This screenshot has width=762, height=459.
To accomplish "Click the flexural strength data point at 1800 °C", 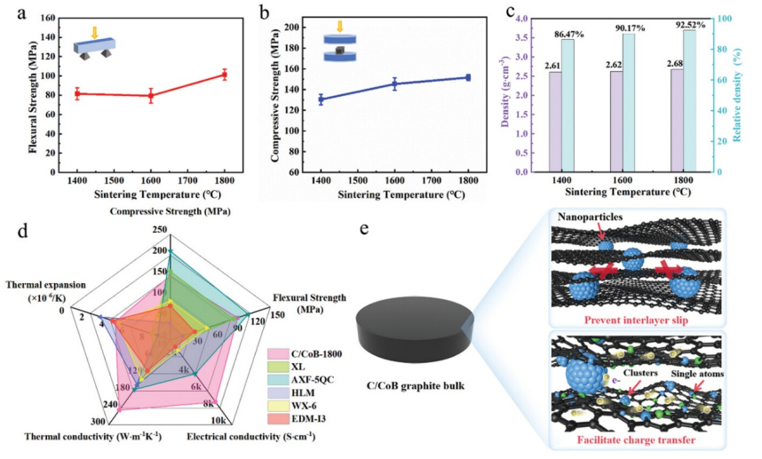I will (225, 75).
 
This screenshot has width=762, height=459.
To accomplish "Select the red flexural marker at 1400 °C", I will (77, 93).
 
